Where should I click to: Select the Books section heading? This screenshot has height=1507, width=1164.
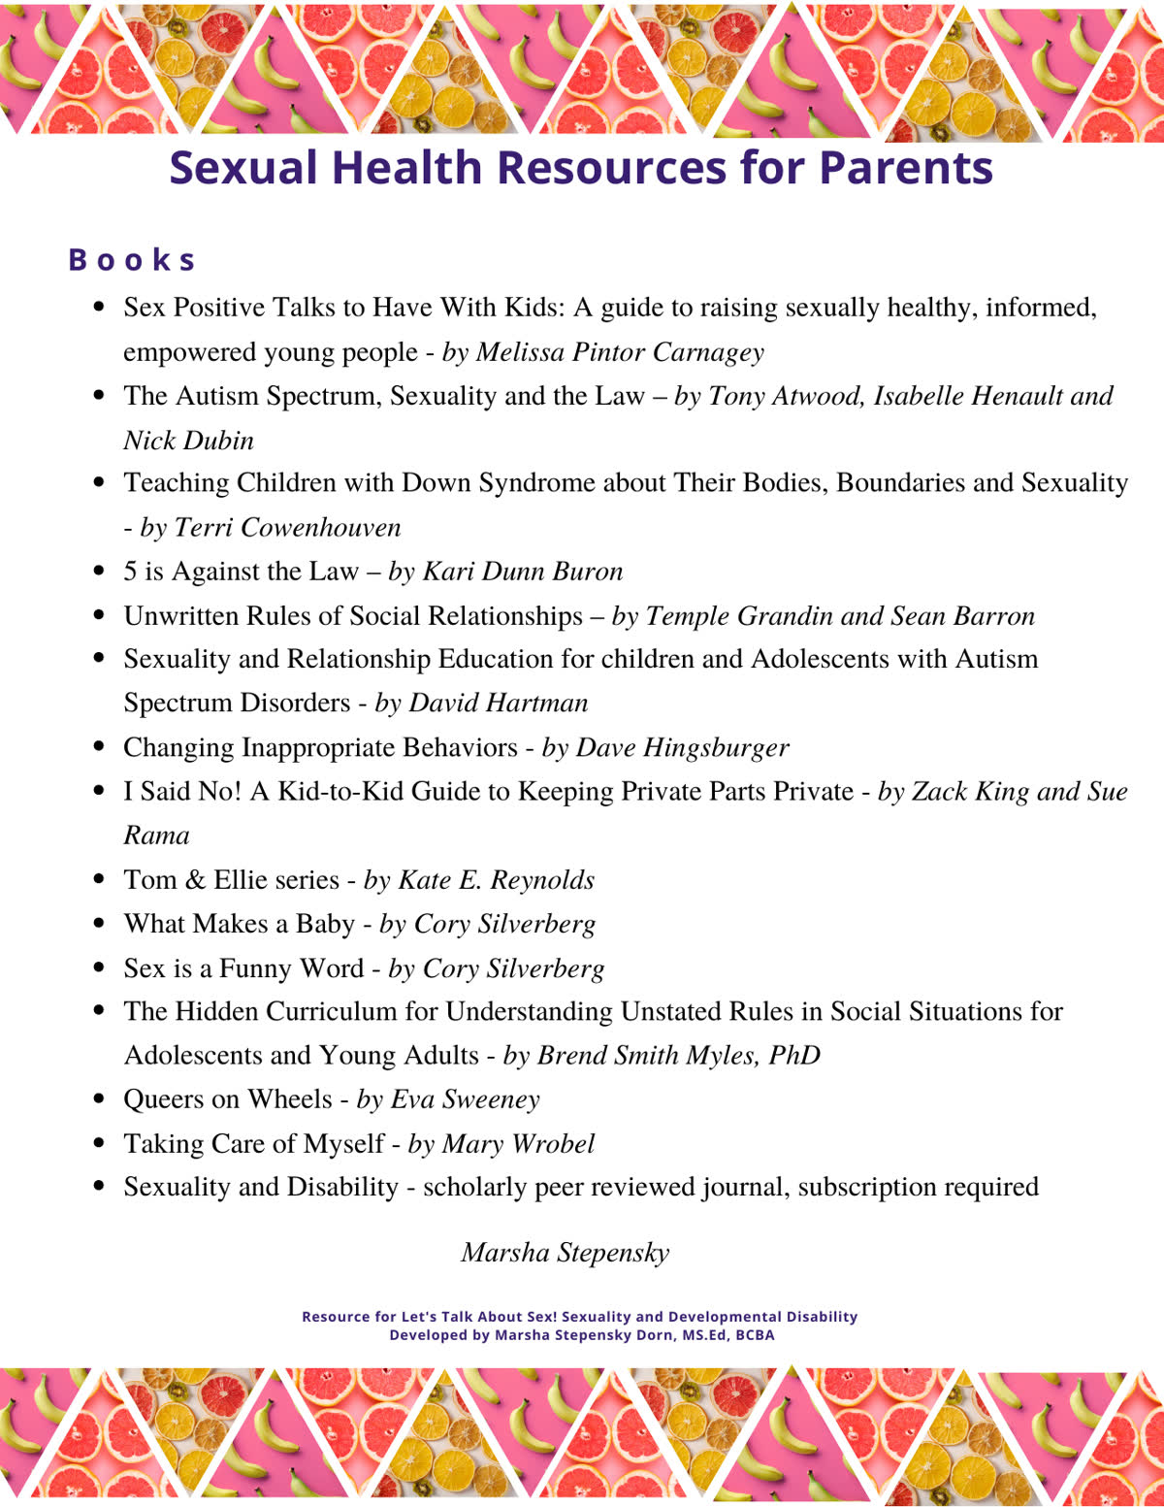(x=132, y=260)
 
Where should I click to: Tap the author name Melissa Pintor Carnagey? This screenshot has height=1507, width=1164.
(x=619, y=352)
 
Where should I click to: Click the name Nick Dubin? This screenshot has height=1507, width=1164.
(x=188, y=441)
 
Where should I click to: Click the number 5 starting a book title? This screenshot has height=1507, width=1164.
(x=130, y=572)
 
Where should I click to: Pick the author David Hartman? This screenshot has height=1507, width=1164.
(x=499, y=703)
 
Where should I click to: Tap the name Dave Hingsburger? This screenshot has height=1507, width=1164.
(x=682, y=747)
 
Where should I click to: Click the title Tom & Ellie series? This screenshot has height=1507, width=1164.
(x=231, y=880)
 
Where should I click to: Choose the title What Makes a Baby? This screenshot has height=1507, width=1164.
(x=239, y=924)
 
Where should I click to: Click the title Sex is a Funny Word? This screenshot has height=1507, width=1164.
(x=243, y=968)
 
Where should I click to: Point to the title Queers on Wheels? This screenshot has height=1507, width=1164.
(x=227, y=1099)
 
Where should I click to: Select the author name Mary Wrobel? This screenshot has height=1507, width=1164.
(x=518, y=1144)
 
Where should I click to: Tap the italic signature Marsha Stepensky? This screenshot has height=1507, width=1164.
(x=566, y=1253)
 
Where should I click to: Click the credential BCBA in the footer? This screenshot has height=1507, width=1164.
(x=755, y=1335)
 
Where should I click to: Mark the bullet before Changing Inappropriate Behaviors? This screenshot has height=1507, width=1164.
(x=98, y=747)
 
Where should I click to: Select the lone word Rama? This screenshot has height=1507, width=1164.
(x=156, y=835)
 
